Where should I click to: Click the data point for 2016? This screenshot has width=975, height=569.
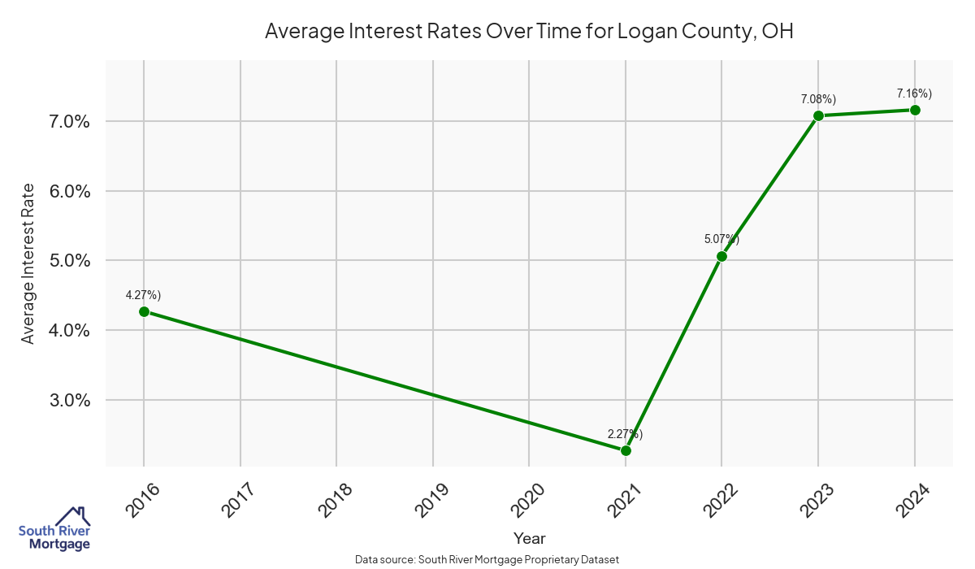click(144, 311)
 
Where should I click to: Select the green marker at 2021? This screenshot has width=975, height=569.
click(626, 450)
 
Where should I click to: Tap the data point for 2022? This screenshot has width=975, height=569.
click(721, 256)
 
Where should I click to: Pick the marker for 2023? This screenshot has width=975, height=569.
click(818, 115)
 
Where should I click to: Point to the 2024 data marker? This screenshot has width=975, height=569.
click(915, 110)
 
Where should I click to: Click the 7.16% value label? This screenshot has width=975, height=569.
click(914, 93)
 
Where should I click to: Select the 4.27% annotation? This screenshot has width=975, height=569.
click(143, 294)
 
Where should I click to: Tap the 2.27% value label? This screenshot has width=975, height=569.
click(625, 433)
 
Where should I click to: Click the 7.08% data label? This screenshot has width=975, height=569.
click(818, 98)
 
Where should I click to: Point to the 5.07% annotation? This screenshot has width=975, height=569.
click(721, 239)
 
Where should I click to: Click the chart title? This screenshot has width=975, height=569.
click(529, 32)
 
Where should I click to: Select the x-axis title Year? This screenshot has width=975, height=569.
click(529, 538)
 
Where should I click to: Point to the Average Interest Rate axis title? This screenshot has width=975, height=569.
click(28, 263)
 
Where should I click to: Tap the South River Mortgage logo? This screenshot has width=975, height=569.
click(54, 529)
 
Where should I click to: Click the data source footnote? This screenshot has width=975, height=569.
click(487, 560)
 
